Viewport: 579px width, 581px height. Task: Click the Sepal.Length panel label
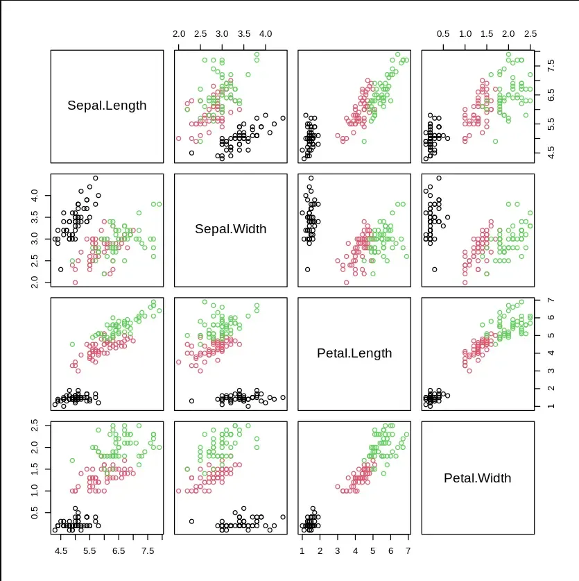coord(107,106)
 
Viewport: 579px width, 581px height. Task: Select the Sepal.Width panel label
coord(230,229)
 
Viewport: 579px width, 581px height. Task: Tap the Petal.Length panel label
coord(354,353)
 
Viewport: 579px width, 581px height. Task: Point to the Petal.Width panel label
coord(477,478)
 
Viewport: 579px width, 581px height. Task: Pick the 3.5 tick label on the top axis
coord(243,33)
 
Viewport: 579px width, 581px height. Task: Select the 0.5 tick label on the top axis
coord(443,33)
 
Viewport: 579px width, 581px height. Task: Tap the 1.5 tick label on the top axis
coord(487,33)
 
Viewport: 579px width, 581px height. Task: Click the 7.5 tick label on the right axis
coord(551,66)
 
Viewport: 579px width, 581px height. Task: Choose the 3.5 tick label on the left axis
coord(37,217)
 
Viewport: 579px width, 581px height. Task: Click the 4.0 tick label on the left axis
coord(37,196)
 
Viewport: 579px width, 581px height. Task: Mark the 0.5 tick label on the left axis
coord(37,512)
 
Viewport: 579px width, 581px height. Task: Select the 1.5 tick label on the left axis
coord(37,469)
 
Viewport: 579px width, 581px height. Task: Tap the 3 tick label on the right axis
coord(551,370)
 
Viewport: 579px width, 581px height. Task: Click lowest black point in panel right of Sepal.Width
coord(307,269)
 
